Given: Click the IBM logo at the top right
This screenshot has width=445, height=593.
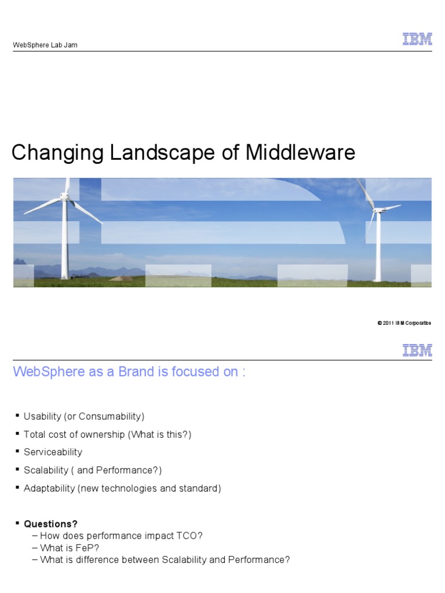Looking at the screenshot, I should coord(417,39).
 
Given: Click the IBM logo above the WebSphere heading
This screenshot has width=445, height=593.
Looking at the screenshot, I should coord(417,350).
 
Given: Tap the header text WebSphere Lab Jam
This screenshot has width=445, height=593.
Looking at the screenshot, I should coord(45,45).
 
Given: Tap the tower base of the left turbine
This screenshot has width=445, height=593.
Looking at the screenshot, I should coord(65,276).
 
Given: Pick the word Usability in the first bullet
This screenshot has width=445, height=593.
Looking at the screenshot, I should coord(42,416).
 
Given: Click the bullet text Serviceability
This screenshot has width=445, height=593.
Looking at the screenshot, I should coord(53,452).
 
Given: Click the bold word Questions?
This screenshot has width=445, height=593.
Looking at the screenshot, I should coord(50,524).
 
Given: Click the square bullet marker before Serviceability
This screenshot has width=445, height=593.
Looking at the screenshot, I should coord(17,452).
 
